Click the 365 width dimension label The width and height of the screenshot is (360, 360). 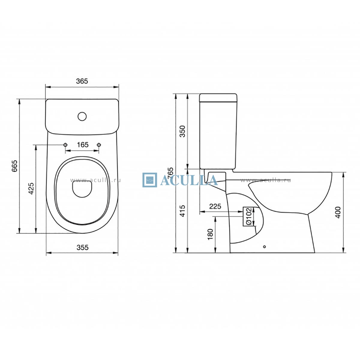(82, 81)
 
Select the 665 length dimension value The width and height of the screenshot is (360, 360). (14, 166)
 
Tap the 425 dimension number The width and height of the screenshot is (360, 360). (31, 188)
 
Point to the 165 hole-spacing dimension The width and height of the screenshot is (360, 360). (83, 145)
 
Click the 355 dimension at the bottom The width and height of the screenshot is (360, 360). (82, 247)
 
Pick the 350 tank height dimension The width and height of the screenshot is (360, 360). (182, 131)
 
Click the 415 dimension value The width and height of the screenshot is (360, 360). (182, 211)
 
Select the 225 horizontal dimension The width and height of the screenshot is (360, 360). (215, 206)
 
